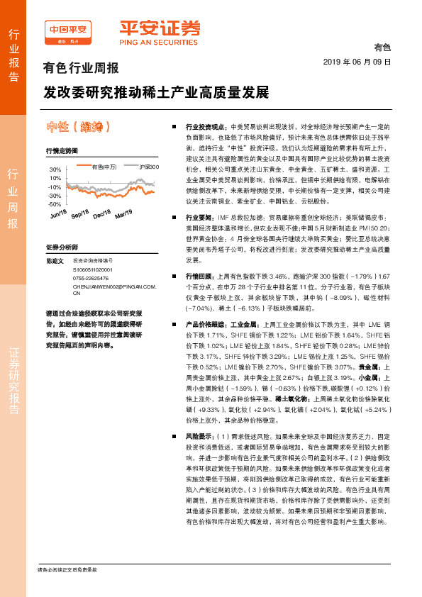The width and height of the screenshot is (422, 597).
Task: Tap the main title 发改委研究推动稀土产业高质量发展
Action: click(156, 93)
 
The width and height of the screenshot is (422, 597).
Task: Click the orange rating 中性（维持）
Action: click(77, 127)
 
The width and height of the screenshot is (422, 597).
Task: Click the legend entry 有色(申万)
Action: click(104, 167)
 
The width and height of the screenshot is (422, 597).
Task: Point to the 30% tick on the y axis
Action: click(55, 170)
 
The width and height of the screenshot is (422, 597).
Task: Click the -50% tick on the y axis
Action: click(55, 204)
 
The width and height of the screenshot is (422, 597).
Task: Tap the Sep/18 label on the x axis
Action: click(80, 215)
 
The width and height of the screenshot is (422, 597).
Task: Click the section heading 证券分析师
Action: click(61, 247)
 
